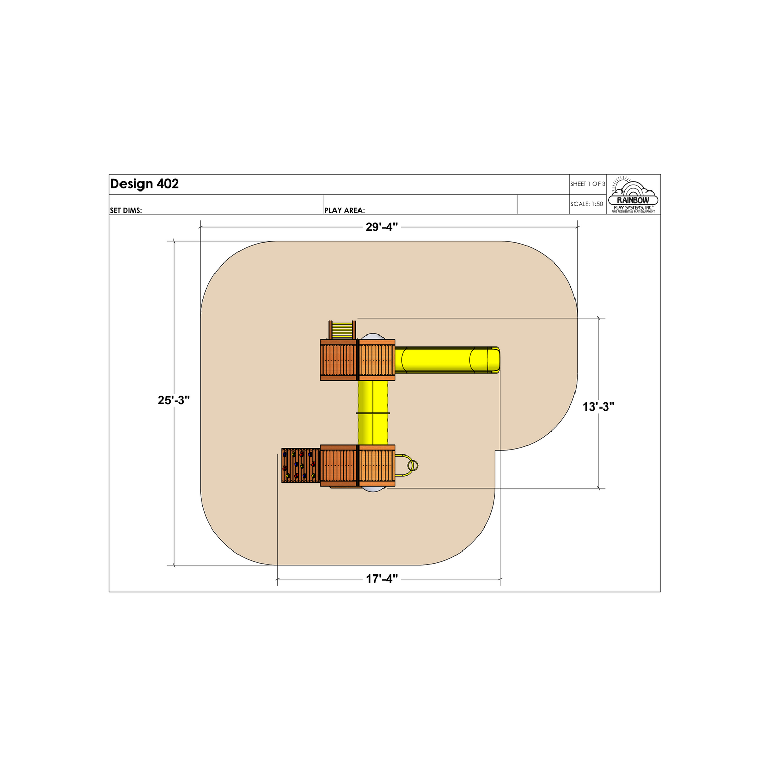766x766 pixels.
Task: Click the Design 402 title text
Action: [145, 184]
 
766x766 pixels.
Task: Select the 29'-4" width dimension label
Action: [381, 227]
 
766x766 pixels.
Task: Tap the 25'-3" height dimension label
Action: [174, 400]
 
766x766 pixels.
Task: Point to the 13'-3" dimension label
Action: [599, 406]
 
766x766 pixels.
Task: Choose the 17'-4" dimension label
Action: [381, 579]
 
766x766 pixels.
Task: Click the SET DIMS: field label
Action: [126, 210]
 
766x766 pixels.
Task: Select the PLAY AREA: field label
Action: [345, 210]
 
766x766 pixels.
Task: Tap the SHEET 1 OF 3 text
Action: [588, 184]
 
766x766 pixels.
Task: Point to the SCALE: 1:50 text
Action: [587, 204]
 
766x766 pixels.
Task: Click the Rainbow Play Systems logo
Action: [633, 195]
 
